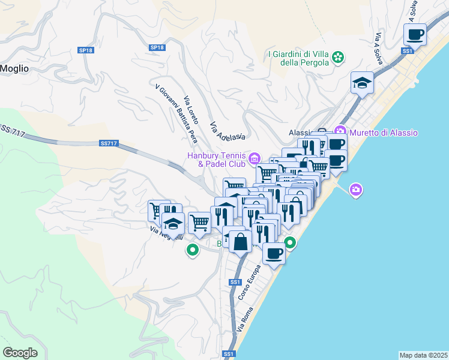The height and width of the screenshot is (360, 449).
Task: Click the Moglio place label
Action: pos(14,68)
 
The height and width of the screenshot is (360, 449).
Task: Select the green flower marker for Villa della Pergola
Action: pos(339,58)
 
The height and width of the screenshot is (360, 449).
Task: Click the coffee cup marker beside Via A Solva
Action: pos(414,35)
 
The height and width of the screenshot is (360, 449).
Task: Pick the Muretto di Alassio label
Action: pos(384,133)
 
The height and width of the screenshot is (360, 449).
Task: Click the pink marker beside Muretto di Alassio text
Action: pos(341,131)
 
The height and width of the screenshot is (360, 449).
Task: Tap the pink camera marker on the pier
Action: pos(356,190)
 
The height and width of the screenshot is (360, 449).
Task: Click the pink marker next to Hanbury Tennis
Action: pos(255,158)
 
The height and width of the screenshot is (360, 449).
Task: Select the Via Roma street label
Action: pos(246,320)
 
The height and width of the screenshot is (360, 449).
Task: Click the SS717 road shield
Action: pos(108,143)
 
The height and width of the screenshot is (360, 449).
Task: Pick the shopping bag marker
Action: pos(240,242)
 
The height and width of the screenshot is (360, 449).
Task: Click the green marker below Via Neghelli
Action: pos(193,250)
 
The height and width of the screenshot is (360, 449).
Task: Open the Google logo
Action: pos(20,353)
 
